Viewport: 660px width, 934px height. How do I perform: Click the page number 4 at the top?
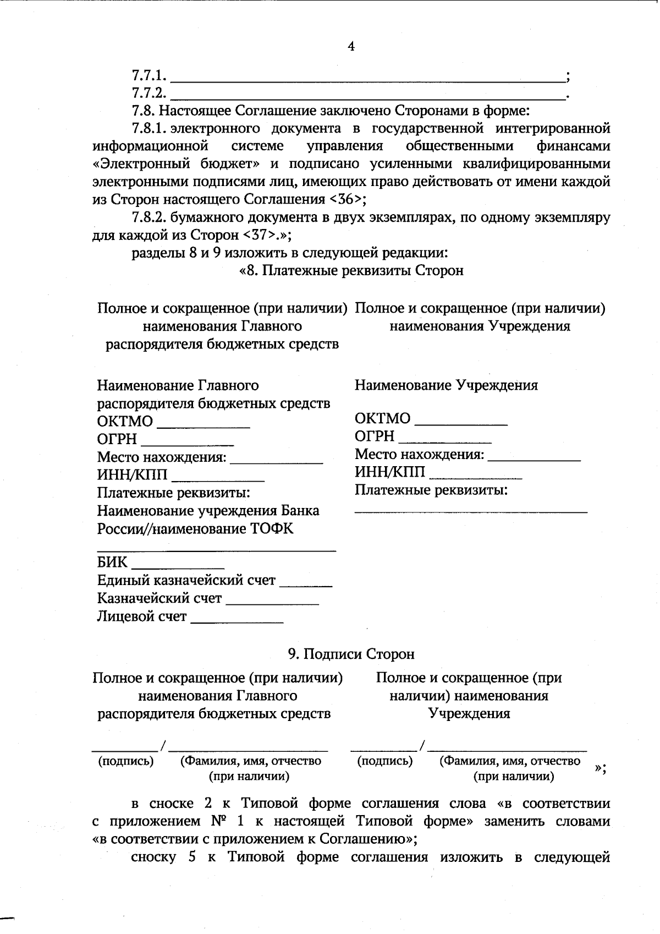coord(351,46)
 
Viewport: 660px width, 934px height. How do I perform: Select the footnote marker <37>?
coord(258,235)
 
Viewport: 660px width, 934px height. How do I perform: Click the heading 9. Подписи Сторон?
coord(351,654)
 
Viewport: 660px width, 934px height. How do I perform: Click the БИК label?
coord(112,562)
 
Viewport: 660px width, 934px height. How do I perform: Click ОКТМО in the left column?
coord(125,422)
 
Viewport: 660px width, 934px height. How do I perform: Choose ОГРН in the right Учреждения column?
coord(375,436)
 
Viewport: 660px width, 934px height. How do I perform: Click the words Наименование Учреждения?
coord(446,385)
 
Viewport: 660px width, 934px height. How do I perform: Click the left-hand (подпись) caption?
coord(125,761)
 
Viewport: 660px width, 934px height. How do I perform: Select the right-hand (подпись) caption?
coord(384,761)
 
